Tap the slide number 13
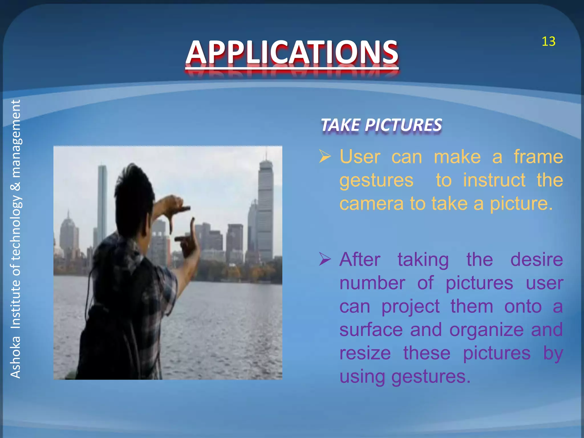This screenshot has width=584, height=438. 548,42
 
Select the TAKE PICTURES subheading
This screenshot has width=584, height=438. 381,125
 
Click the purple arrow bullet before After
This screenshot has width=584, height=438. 325,259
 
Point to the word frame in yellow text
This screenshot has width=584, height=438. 538,157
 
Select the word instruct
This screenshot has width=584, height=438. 494,180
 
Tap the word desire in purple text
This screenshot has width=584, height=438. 536,259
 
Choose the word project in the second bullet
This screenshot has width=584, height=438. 410,307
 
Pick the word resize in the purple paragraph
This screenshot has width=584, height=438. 365,353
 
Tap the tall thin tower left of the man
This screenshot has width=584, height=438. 102,200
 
